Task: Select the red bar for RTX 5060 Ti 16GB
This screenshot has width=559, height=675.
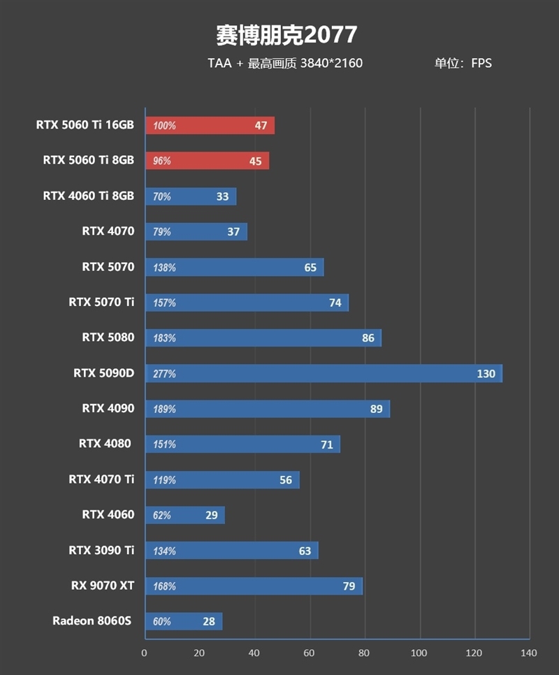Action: [210, 126]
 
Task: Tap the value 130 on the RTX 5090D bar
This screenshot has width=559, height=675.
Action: [486, 374]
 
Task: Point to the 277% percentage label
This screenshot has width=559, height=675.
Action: [164, 374]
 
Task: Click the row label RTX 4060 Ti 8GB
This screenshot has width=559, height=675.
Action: [88, 196]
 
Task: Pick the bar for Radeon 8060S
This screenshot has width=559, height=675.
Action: [184, 621]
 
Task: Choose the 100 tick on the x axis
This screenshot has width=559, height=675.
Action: [419, 653]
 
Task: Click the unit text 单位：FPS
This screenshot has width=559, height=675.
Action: [463, 64]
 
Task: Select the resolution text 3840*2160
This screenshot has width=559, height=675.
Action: [331, 64]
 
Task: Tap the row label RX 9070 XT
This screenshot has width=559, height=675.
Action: [102, 586]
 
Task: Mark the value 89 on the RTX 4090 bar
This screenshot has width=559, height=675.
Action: [377, 409]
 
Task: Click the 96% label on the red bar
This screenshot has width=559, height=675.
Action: [162, 161]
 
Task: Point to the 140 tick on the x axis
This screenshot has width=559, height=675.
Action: [529, 653]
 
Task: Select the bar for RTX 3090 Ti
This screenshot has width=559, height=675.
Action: [231, 551]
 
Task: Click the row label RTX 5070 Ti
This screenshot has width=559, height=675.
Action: [101, 303]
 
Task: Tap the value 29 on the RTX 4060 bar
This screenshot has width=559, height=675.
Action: [211, 515]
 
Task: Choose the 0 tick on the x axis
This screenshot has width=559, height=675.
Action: [145, 653]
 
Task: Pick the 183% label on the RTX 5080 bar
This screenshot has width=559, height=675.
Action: [164, 338]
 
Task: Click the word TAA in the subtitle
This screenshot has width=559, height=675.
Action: [219, 64]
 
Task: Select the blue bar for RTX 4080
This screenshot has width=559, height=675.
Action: [242, 444]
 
